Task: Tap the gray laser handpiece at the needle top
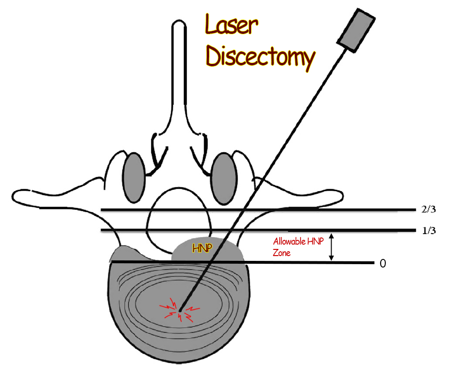click(x=357, y=30)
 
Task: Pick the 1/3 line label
click(x=429, y=231)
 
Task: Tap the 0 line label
click(x=382, y=264)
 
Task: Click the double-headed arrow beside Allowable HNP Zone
click(x=332, y=247)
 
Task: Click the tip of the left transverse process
click(x=17, y=196)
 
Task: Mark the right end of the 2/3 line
click(x=416, y=209)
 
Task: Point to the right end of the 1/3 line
click(x=416, y=231)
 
